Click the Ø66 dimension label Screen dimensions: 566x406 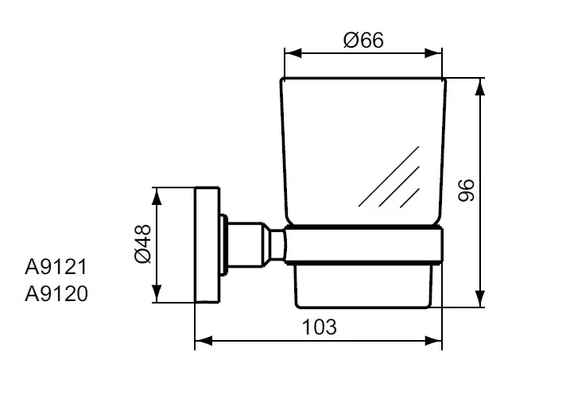tap(363, 40)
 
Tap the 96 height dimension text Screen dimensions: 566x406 tap(466, 190)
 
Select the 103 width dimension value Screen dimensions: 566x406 tap(319, 327)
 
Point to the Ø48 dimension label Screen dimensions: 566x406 tap(142, 244)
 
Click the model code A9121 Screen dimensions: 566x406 tap(56, 268)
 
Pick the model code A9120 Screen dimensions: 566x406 tap(56, 293)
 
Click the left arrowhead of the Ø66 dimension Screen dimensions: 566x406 tap(293, 53)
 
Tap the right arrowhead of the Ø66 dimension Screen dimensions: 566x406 tap(433, 53)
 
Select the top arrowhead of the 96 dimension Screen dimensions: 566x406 tap(479, 87)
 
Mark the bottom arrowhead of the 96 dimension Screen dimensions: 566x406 tap(479, 299)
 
